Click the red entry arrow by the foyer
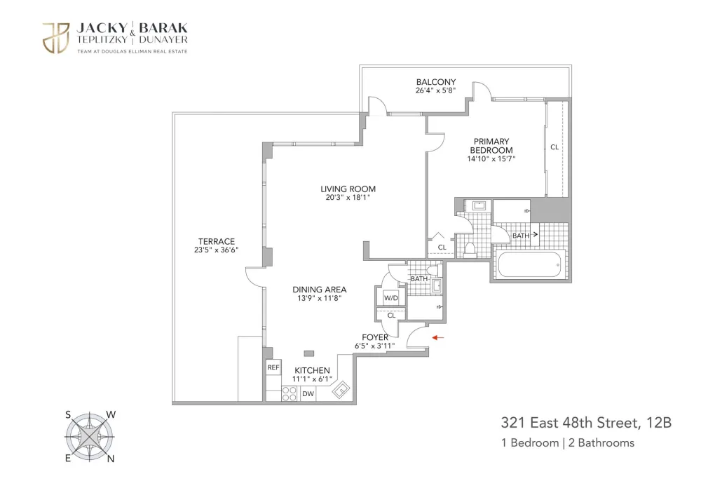[437, 338]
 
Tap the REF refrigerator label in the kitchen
[273, 367]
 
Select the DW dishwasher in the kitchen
[308, 394]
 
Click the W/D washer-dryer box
[391, 298]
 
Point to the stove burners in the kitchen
[290, 394]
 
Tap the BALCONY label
[436, 82]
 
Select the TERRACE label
[217, 241]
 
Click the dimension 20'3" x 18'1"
[348, 198]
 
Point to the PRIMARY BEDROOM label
[491, 146]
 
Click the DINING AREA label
[319, 290]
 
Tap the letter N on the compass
[111, 459]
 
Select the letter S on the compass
[68, 415]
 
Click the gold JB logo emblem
[56, 38]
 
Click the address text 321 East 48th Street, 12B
[586, 423]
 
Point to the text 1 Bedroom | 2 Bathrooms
[568, 442]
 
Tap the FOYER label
[374, 338]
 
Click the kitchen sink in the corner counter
[341, 390]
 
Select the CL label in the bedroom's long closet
[554, 147]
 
